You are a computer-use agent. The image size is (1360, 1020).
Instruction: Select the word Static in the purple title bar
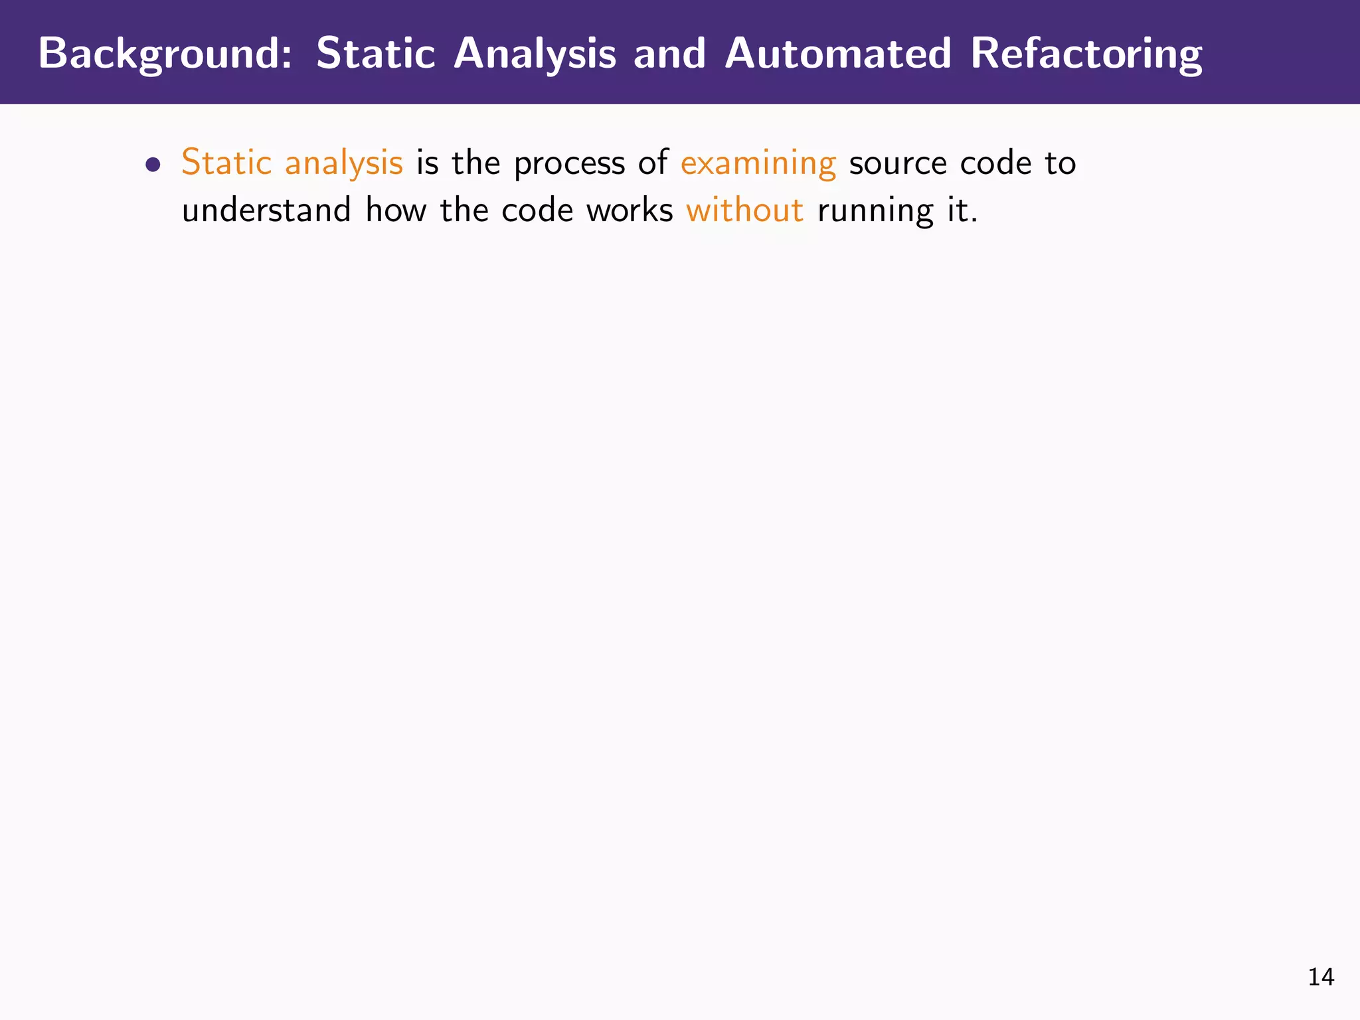pyautogui.click(x=375, y=53)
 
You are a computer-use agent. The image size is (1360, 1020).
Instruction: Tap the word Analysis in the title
pyautogui.click(x=535, y=53)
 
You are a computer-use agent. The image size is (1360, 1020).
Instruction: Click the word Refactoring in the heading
pyautogui.click(x=1086, y=53)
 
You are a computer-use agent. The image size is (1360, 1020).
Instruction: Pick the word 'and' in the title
pyautogui.click(x=669, y=53)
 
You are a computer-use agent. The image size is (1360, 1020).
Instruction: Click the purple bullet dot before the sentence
pyautogui.click(x=153, y=165)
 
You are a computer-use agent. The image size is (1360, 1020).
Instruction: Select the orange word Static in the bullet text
pyautogui.click(x=226, y=162)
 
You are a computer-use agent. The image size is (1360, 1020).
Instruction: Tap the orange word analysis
pyautogui.click(x=343, y=163)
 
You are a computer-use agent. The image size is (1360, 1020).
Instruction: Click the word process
pyautogui.click(x=569, y=163)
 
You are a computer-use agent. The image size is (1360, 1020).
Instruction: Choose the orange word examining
pyautogui.click(x=758, y=163)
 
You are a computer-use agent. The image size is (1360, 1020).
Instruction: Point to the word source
pyautogui.click(x=898, y=163)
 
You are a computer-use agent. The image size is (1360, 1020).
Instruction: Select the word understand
pyautogui.click(x=266, y=211)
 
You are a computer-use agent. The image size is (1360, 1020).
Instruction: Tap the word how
pyautogui.click(x=396, y=211)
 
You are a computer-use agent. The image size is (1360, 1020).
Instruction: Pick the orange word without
pyautogui.click(x=744, y=211)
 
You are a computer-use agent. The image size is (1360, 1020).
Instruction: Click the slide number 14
pyautogui.click(x=1321, y=977)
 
